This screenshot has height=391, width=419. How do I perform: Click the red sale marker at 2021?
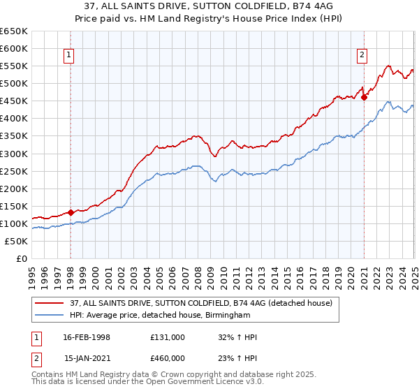364,98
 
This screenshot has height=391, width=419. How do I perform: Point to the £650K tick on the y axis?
14,31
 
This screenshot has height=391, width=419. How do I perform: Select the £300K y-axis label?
14,154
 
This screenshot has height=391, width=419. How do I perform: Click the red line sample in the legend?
49,302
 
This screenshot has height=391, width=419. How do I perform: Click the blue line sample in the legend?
49,315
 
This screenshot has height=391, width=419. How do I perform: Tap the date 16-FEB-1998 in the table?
87,337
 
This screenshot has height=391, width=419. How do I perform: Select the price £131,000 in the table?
168,337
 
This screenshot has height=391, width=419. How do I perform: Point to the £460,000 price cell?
168,357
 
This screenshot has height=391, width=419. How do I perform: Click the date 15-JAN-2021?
87,357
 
